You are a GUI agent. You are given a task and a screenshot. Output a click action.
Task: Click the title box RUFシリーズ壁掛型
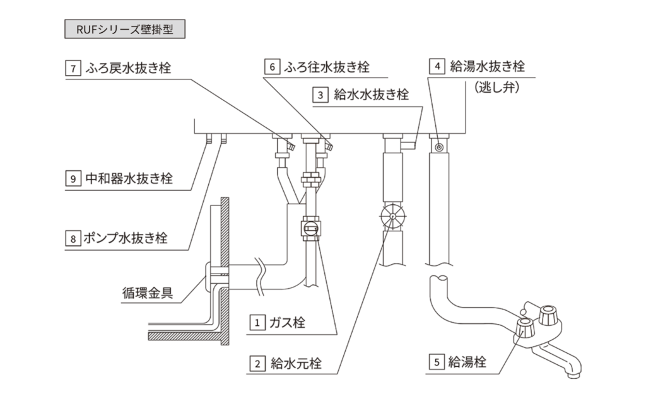pos(125,30)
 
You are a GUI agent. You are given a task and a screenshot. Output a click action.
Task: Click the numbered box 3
pos(321,95)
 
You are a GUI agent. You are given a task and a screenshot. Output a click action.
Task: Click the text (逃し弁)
pos(491,90)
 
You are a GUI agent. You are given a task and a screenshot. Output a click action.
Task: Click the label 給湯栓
pos(467,362)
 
